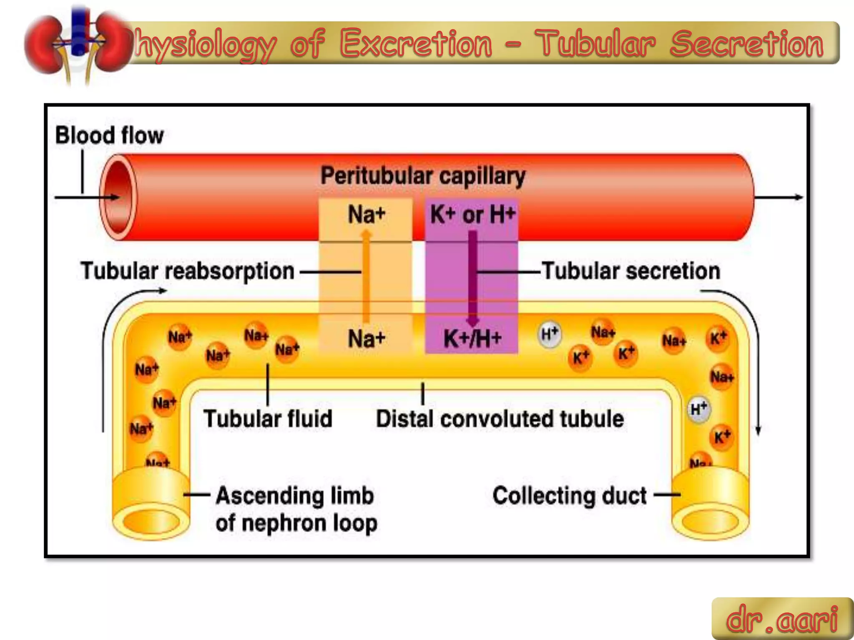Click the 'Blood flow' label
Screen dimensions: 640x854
[109, 136]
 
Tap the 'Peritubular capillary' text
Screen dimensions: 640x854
[423, 176]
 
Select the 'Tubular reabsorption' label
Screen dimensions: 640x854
[188, 271]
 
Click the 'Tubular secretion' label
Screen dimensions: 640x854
[631, 271]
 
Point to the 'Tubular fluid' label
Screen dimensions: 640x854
[268, 419]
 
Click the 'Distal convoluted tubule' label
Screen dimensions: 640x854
[500, 419]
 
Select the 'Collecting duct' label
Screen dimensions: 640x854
[570, 496]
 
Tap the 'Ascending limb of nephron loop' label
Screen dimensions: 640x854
[296, 509]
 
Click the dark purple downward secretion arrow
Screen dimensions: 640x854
[472, 279]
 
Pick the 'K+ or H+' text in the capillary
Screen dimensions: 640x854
[472, 215]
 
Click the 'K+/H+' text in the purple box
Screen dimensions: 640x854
[472, 338]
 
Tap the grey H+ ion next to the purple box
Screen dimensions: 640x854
[549, 334]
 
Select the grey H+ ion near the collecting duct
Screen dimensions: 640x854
[699, 409]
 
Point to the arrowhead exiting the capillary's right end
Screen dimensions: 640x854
[798, 197]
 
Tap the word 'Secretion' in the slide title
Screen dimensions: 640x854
[747, 44]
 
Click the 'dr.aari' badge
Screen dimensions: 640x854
[782, 619]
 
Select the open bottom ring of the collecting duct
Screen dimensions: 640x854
[710, 522]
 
